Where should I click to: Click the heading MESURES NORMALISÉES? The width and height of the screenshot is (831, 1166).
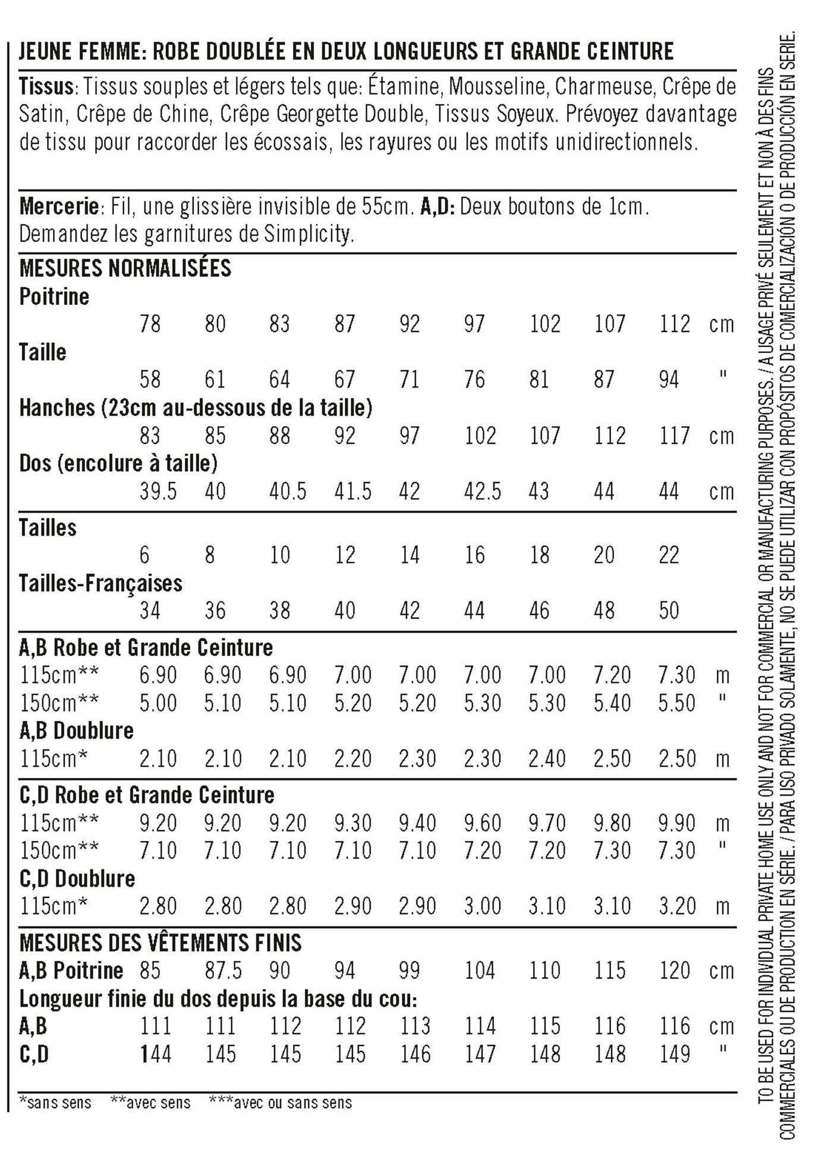pyautogui.click(x=125, y=268)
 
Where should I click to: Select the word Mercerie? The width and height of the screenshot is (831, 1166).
pyautogui.click(x=59, y=207)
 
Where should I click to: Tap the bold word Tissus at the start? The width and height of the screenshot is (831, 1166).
pyautogui.click(x=46, y=87)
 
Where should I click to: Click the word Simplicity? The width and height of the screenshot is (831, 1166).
pyautogui.click(x=309, y=234)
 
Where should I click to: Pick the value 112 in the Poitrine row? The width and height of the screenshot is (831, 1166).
pyautogui.click(x=674, y=324)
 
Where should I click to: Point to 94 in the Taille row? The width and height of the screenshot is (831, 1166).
pyautogui.click(x=669, y=379)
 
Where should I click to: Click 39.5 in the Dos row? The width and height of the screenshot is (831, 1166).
pyautogui.click(x=158, y=491)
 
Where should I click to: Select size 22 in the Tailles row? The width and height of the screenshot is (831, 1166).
pyautogui.click(x=669, y=555)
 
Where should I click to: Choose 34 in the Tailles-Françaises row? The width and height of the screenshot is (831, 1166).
pyautogui.click(x=150, y=610)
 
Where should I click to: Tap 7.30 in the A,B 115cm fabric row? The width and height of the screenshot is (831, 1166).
pyautogui.click(x=676, y=675)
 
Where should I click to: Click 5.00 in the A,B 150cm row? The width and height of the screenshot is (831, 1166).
pyautogui.click(x=158, y=703)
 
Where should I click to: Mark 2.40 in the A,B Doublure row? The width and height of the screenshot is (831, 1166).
pyautogui.click(x=547, y=759)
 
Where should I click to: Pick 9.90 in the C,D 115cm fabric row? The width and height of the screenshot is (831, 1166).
pyautogui.click(x=676, y=823)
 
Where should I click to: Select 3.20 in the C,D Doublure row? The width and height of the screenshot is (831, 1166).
pyautogui.click(x=676, y=906)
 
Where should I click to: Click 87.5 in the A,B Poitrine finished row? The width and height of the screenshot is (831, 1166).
pyautogui.click(x=223, y=970)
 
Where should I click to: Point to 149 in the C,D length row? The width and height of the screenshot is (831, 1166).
pyautogui.click(x=674, y=1054)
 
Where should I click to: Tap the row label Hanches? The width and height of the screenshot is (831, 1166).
pyautogui.click(x=57, y=408)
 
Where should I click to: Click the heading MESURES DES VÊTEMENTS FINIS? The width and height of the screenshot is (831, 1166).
pyautogui.click(x=160, y=943)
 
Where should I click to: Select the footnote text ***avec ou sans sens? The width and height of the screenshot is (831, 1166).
pyautogui.click(x=281, y=1103)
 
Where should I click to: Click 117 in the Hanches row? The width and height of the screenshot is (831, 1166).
pyautogui.click(x=674, y=436)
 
